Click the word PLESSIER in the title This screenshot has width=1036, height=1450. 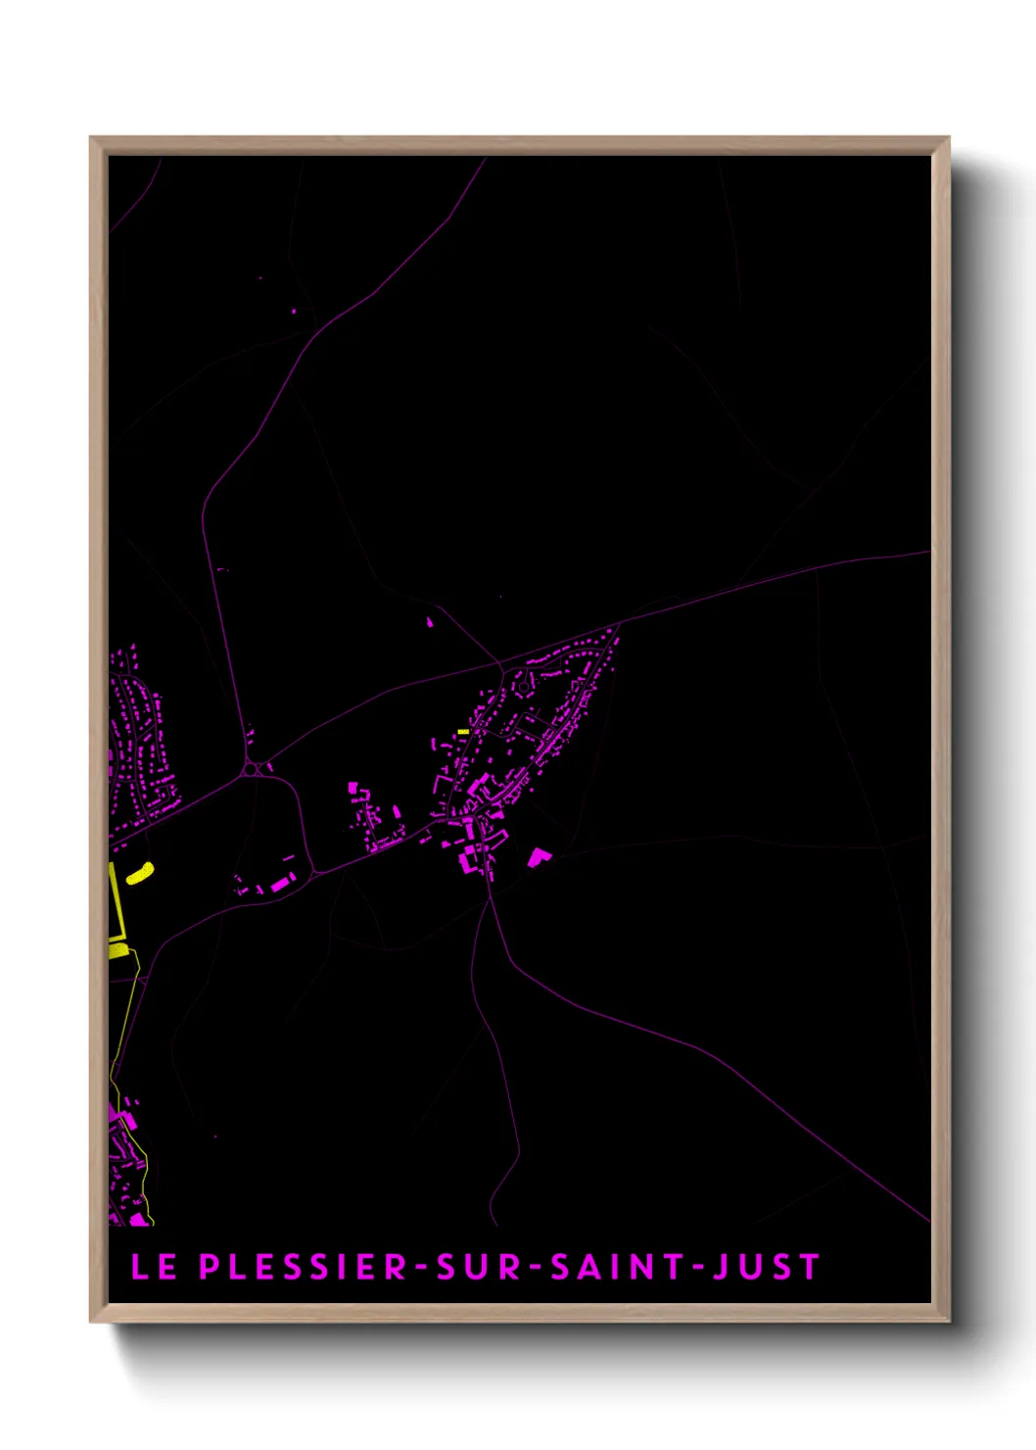click(304, 1267)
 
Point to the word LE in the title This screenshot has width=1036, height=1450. click(154, 1267)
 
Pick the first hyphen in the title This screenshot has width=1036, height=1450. click(422, 1268)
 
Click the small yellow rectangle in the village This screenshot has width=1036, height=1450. click(463, 732)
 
